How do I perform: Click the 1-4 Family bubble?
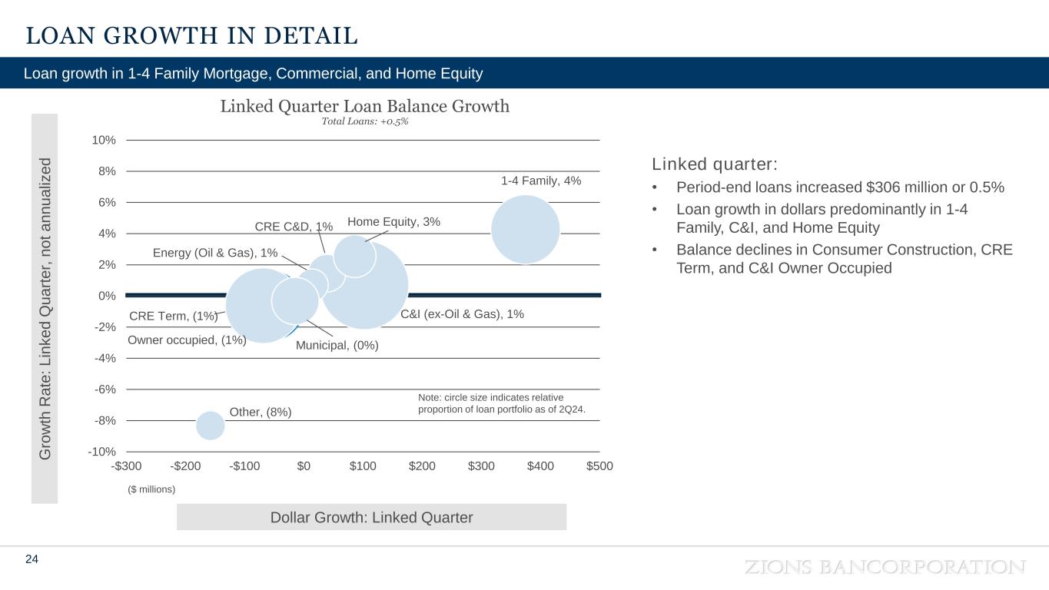click(525, 229)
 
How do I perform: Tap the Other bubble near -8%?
click(210, 425)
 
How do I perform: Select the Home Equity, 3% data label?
click(393, 222)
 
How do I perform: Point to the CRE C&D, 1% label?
click(294, 227)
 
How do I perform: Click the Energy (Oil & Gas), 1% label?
click(215, 253)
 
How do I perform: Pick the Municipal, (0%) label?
click(337, 346)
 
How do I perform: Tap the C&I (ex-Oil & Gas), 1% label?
click(463, 314)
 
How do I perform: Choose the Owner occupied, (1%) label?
click(186, 340)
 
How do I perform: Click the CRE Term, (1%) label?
click(174, 316)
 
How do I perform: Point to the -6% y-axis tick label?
click(105, 389)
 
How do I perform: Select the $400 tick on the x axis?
click(540, 466)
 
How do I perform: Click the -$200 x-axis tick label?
click(185, 466)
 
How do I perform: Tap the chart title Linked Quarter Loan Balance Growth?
click(365, 106)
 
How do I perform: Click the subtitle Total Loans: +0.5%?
click(365, 122)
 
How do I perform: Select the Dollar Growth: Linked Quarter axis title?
click(372, 517)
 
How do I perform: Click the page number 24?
click(32, 559)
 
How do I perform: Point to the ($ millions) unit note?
click(151, 489)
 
